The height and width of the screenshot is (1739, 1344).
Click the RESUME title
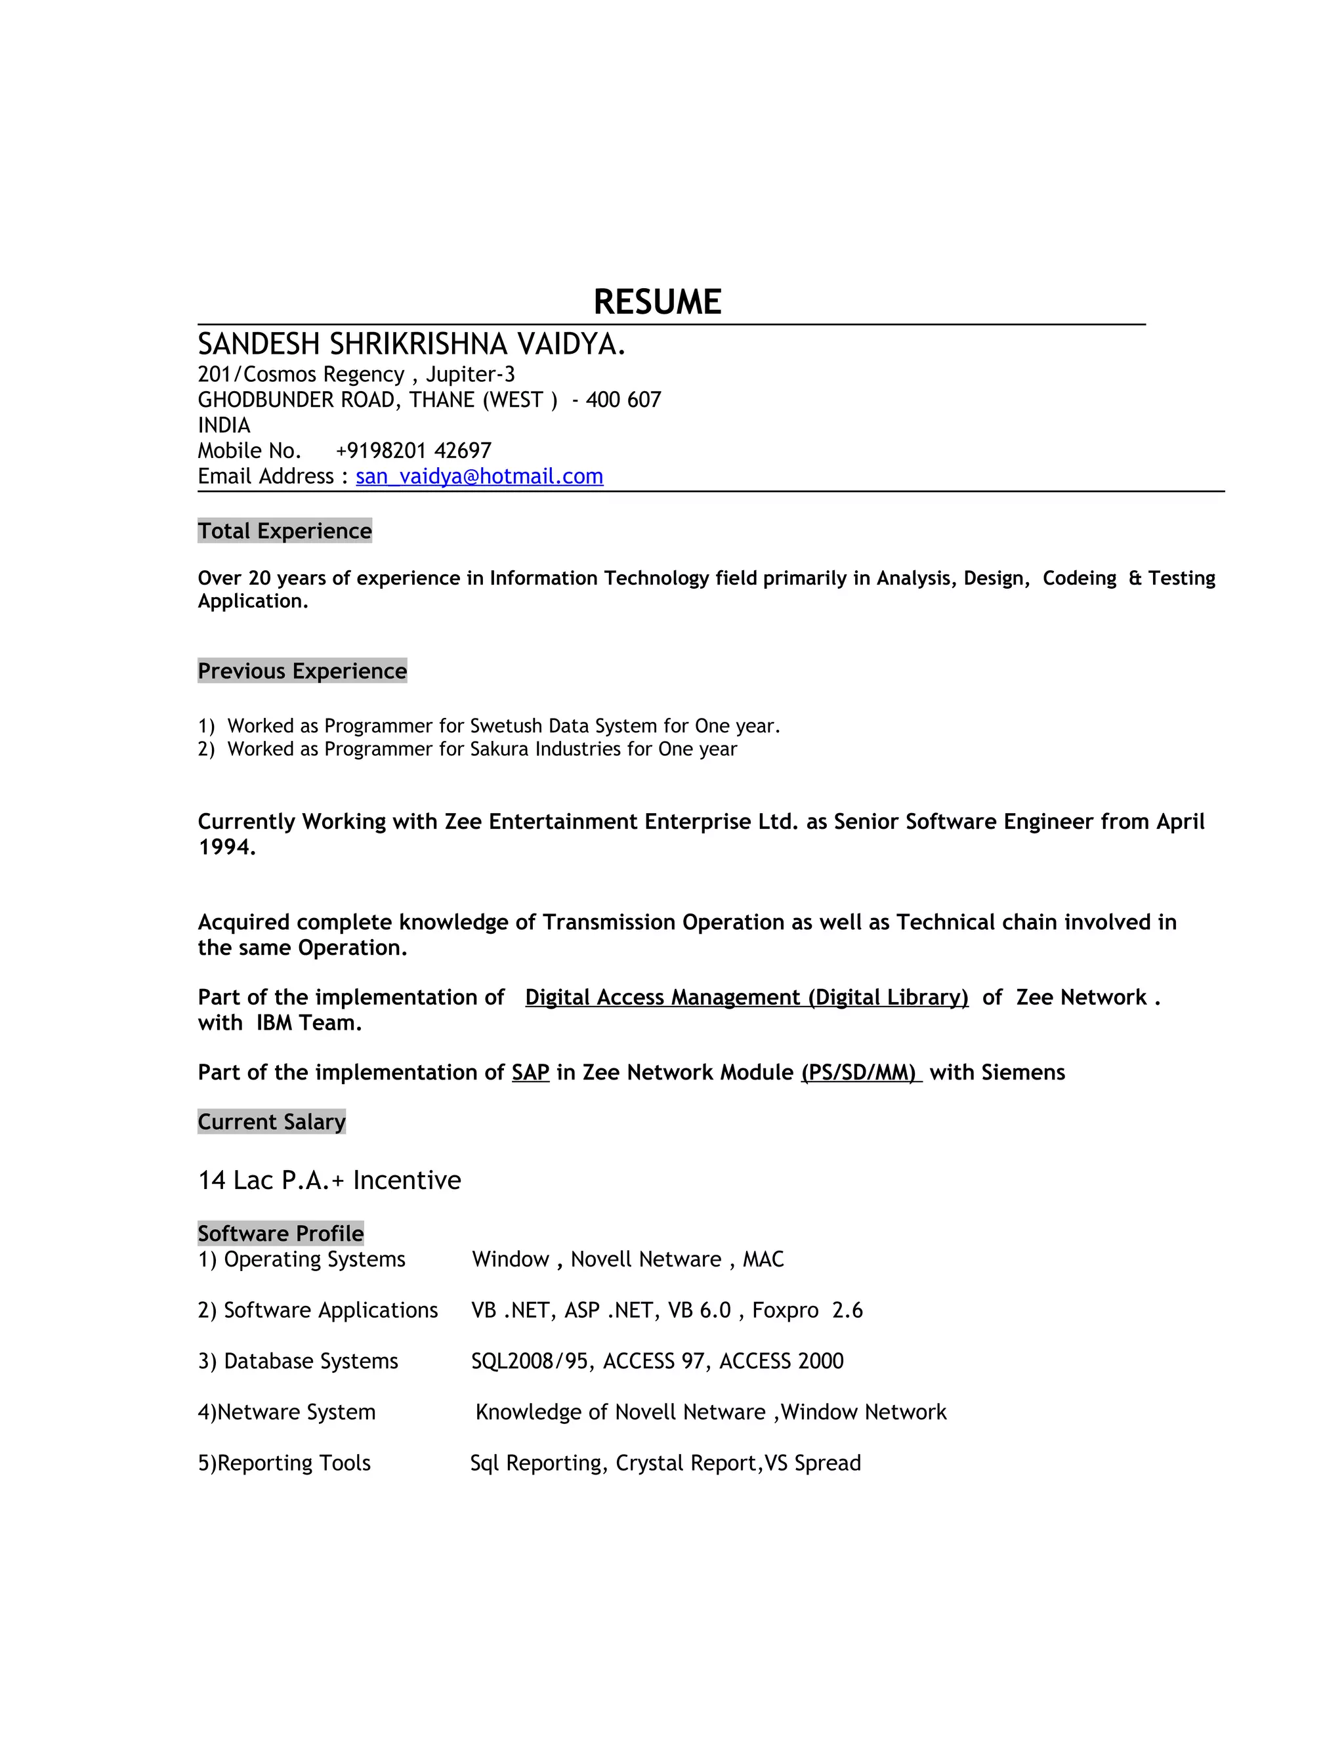(657, 303)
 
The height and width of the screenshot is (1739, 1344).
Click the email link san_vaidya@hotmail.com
(479, 476)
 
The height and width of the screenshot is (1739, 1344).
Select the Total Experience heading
(284, 531)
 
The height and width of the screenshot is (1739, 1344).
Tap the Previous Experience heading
(302, 671)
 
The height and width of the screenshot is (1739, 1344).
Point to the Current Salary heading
(272, 1122)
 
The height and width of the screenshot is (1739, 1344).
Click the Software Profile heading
(280, 1234)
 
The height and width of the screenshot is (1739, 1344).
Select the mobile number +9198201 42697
(413, 451)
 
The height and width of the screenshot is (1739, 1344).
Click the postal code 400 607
(623, 400)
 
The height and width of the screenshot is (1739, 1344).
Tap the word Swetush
(500, 726)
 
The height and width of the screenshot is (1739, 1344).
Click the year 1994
(226, 847)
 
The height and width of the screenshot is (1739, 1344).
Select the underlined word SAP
(530, 1072)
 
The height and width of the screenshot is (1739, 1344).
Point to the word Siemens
(1023, 1072)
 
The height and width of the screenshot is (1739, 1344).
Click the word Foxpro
(785, 1310)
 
